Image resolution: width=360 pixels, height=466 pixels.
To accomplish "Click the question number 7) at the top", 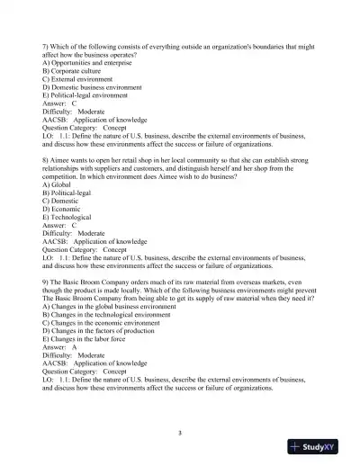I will pyautogui.click(x=47, y=45).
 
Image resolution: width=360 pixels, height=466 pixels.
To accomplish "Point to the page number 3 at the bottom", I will pyautogui.click(x=180, y=434).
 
